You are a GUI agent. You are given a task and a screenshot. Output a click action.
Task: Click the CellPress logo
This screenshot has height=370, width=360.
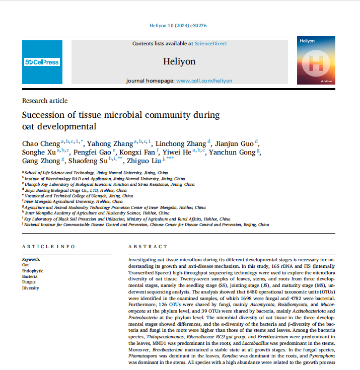(42, 62)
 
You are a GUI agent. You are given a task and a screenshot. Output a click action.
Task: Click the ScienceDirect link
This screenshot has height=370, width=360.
(210, 44)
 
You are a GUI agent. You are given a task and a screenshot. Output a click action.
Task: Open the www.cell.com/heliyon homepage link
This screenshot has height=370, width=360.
(204, 81)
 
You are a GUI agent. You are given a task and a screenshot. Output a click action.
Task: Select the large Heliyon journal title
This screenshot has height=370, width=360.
(179, 61)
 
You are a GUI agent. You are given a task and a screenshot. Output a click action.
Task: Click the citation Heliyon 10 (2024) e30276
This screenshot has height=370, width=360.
(179, 25)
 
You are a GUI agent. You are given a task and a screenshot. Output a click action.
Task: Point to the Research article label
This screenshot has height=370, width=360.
(45, 101)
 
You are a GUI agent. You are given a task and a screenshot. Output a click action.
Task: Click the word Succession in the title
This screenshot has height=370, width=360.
(46, 115)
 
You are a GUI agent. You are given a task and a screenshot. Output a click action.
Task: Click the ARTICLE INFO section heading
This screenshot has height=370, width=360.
(48, 247)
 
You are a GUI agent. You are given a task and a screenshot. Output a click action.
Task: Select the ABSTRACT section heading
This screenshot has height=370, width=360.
(148, 247)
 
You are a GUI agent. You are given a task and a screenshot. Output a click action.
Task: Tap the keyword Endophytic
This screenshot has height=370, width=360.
(32, 270)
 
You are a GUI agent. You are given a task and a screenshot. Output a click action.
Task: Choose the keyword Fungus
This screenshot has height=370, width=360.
(29, 282)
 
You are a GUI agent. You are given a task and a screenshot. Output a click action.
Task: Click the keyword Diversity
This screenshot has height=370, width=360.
(30, 288)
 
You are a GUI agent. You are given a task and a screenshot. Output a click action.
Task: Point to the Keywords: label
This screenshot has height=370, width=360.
(31, 259)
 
